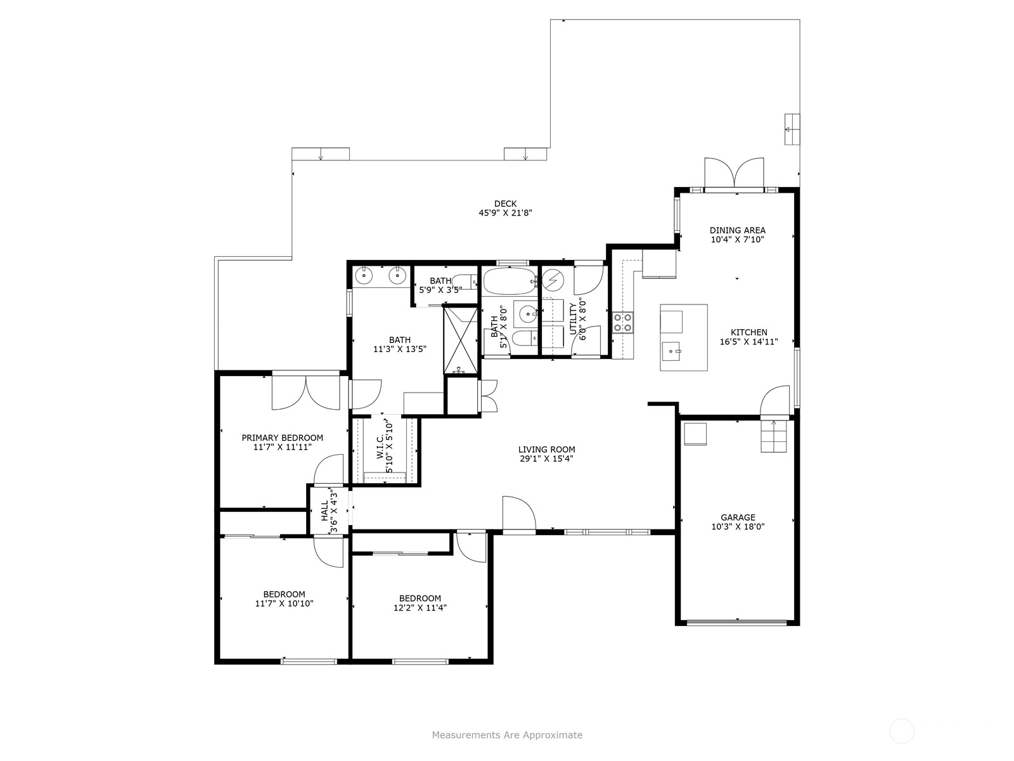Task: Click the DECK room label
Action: [x=505, y=204]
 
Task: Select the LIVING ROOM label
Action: [x=546, y=450]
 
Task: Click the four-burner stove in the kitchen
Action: [x=622, y=322]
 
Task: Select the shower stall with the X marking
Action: [x=461, y=339]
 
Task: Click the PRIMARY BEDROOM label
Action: [x=282, y=438]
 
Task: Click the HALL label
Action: [x=324, y=511]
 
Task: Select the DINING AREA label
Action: [x=737, y=230]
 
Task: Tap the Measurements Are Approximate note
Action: [x=507, y=735]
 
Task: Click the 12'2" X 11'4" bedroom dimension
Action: [x=420, y=608]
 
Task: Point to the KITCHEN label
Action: [x=748, y=332]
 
